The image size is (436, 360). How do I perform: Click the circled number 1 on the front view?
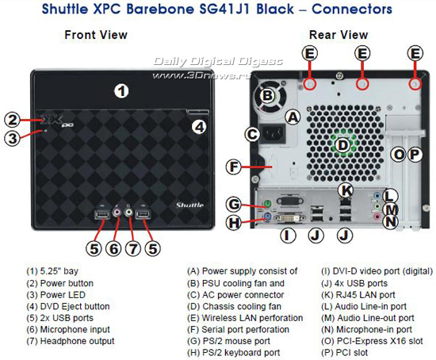click(x=121, y=91)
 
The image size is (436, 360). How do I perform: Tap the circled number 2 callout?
click(x=12, y=120)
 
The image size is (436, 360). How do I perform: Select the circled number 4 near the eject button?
click(x=199, y=127)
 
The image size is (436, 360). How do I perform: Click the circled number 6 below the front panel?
click(x=113, y=248)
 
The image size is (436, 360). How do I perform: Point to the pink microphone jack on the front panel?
click(x=117, y=212)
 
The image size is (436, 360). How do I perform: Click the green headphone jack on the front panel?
click(x=128, y=213)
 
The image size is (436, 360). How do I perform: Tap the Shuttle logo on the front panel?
click(x=189, y=205)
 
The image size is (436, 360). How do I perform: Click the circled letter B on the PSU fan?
click(x=267, y=95)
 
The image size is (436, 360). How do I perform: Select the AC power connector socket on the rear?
click(x=272, y=134)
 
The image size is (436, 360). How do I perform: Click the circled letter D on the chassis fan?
click(x=342, y=145)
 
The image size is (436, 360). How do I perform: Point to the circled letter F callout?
click(x=234, y=167)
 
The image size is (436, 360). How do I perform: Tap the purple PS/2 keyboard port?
click(x=266, y=216)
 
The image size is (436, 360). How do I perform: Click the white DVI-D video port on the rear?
click(x=289, y=218)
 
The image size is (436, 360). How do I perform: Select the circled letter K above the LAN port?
click(x=346, y=191)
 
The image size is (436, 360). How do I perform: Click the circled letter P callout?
click(x=415, y=155)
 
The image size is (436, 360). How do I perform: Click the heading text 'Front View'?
click(x=96, y=35)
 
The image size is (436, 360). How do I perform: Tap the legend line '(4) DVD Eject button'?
click(x=68, y=306)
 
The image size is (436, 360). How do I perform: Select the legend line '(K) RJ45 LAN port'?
click(x=358, y=295)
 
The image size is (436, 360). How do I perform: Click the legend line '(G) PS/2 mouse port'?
click(x=228, y=341)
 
